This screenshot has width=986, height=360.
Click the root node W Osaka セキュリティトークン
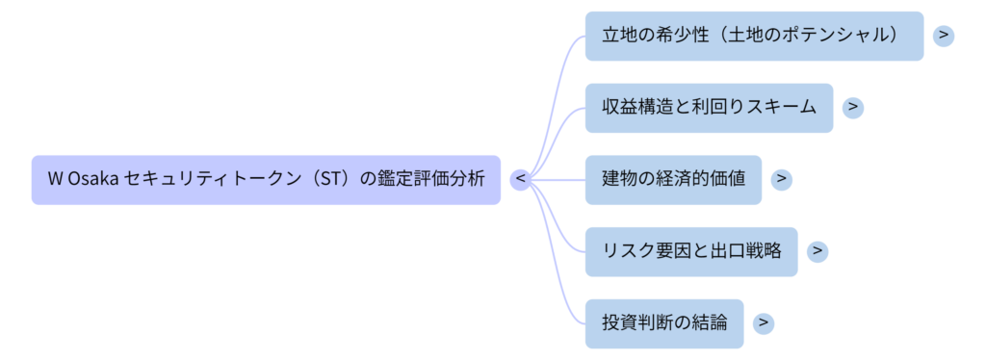(266, 179)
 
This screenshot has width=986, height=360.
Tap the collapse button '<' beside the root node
(520, 179)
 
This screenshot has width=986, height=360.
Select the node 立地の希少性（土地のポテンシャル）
(754, 36)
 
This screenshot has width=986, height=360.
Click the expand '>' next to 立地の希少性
(944, 36)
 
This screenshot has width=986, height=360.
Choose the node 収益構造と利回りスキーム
(709, 108)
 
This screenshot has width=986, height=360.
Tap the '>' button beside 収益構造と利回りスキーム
(852, 108)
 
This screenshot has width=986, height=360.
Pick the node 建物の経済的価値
(673, 179)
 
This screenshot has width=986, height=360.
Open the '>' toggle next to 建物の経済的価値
(781, 179)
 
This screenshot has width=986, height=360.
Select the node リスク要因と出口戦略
(690, 251)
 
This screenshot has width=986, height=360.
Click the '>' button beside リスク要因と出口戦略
(817, 251)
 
